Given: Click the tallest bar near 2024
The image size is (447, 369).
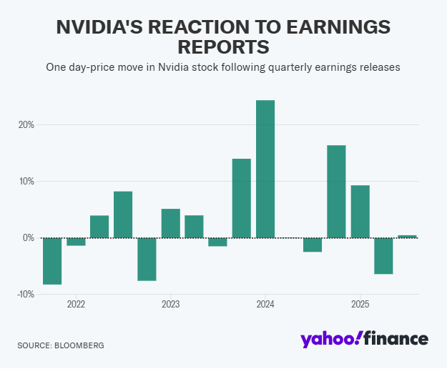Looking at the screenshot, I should pos(265,169).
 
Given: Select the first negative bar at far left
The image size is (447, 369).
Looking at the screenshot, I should pos(52,261).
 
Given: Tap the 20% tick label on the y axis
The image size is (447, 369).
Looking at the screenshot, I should pos(26,124).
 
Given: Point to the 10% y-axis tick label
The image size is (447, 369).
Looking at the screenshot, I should pos(26,181).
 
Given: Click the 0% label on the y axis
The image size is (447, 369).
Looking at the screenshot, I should pos(28,237).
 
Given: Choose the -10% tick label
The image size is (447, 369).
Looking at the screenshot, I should pos(25,294).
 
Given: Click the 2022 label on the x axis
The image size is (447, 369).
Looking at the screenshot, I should pos(76,304).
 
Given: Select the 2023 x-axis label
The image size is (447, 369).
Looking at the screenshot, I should pos(170,304).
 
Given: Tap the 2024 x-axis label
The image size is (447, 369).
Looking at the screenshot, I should pos(265,304).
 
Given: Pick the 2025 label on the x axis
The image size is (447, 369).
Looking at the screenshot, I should pos(360,304).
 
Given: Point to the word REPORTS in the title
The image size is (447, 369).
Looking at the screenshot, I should pos(223,47).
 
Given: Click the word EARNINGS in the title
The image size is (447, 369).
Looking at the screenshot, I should pos(335,27).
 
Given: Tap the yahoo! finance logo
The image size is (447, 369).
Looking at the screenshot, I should pos(364,339).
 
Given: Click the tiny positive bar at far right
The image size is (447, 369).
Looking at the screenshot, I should pos(407,236).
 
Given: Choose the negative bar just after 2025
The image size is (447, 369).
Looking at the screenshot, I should pos(383,255).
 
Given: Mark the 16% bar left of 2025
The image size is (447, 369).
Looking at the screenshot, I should pos(336,191).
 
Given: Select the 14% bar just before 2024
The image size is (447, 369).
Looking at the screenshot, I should pos(242,198).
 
